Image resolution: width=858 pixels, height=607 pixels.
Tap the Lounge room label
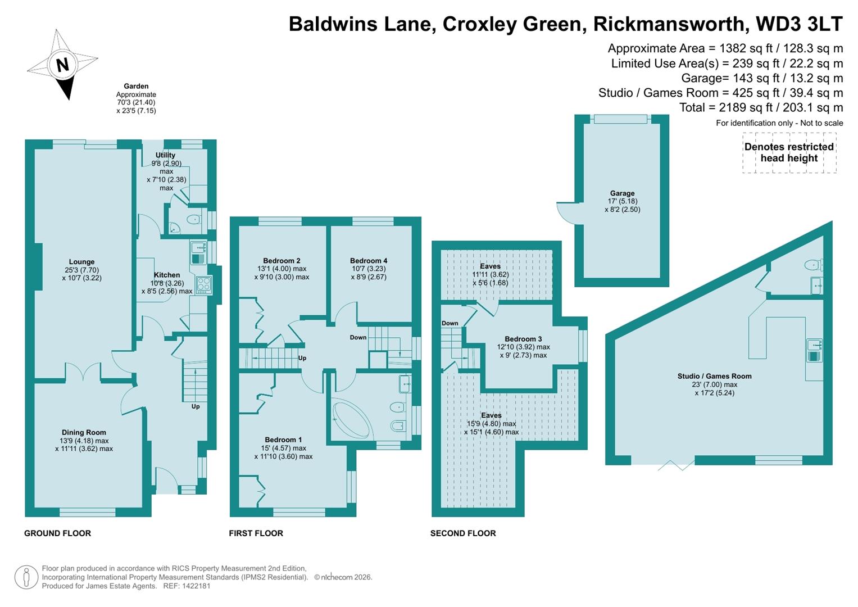[x=82, y=262]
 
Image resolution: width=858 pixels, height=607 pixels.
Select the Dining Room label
[x=84, y=433]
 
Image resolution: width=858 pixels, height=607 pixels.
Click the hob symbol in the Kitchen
[x=203, y=284]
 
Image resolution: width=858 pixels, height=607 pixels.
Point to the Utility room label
[x=165, y=155]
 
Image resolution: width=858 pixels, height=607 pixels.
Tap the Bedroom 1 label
[x=283, y=440]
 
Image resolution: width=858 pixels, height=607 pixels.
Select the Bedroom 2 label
[x=282, y=261]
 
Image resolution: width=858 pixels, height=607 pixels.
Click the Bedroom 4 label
[x=369, y=261]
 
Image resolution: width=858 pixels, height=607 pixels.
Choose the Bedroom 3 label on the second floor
[x=523, y=339]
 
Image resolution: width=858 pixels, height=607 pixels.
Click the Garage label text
[x=622, y=193]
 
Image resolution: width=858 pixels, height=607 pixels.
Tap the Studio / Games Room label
[x=714, y=377]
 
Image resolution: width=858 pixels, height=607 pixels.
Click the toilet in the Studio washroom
[x=812, y=264]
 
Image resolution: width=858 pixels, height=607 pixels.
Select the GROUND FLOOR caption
[x=57, y=533]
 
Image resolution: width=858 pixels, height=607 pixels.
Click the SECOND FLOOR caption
[x=463, y=533]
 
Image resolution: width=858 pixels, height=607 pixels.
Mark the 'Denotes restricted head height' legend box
[x=789, y=152]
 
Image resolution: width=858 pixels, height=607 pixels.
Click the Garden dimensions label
[x=136, y=98]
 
